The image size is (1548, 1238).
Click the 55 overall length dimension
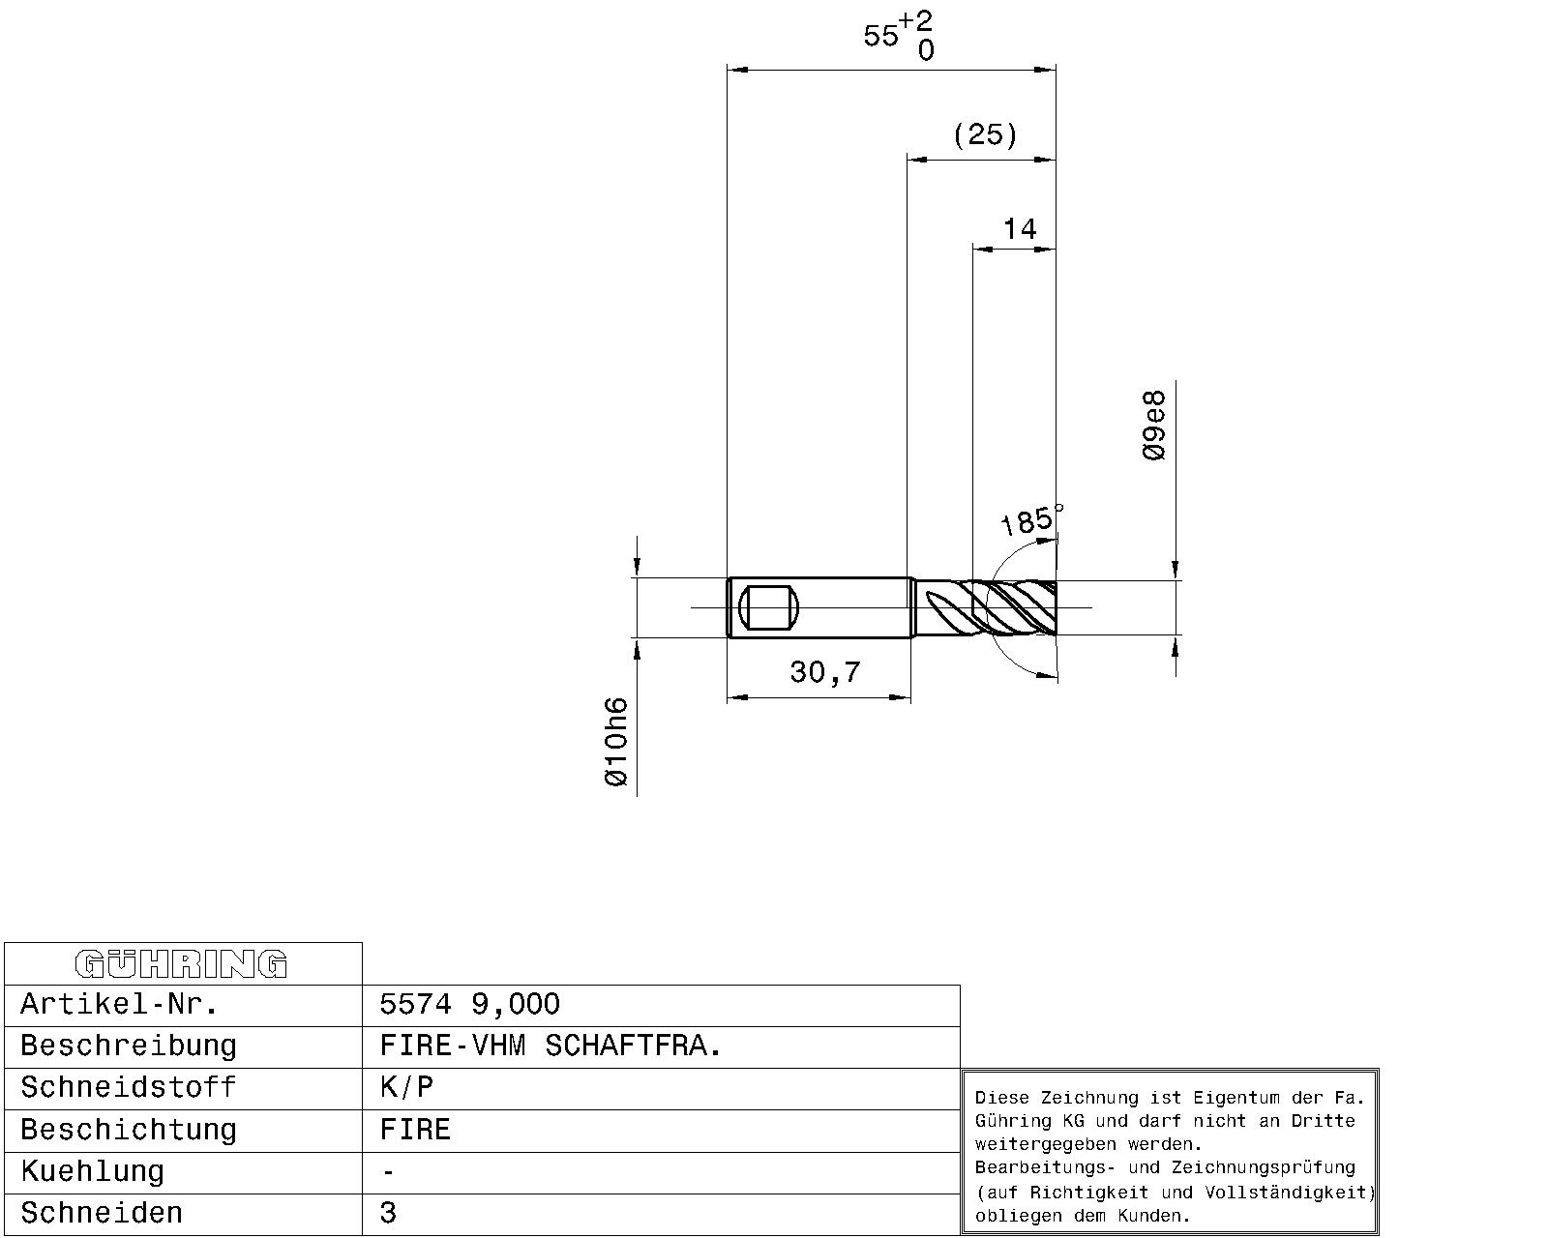(881, 35)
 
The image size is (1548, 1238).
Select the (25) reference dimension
(985, 134)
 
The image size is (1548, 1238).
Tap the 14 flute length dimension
(1020, 229)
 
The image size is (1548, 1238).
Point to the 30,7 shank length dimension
(825, 672)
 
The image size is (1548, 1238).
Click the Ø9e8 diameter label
(1153, 426)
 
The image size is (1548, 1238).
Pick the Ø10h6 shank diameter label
(615, 742)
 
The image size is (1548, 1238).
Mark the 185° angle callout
(1030, 519)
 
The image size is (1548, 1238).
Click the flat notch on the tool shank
(768, 607)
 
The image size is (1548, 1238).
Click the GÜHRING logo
(181, 964)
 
